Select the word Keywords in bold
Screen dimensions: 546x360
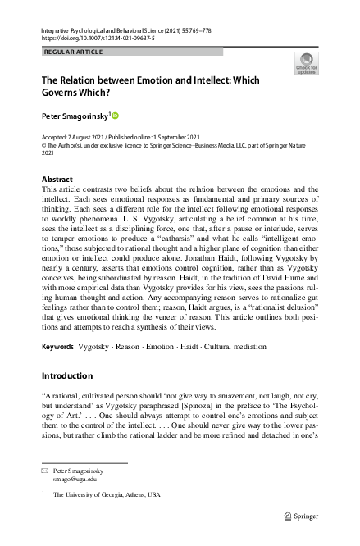pyautogui.click(x=57, y=348)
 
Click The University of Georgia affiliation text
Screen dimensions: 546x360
pyautogui.click(x=107, y=495)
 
